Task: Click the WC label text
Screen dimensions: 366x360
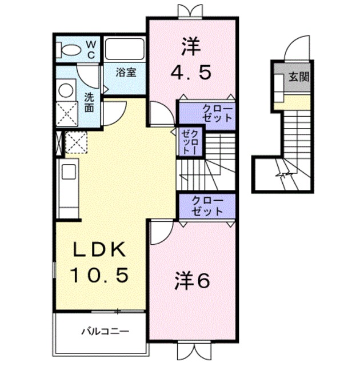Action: coord(91,49)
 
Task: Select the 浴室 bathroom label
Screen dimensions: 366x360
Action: coord(125,73)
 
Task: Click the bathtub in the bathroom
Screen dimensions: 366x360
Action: coord(126,49)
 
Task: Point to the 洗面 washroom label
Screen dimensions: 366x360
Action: coord(90,101)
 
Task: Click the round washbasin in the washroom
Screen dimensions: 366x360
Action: coord(66,90)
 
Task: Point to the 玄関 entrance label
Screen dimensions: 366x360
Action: coord(298,76)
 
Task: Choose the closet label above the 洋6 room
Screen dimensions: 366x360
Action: coord(206,205)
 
